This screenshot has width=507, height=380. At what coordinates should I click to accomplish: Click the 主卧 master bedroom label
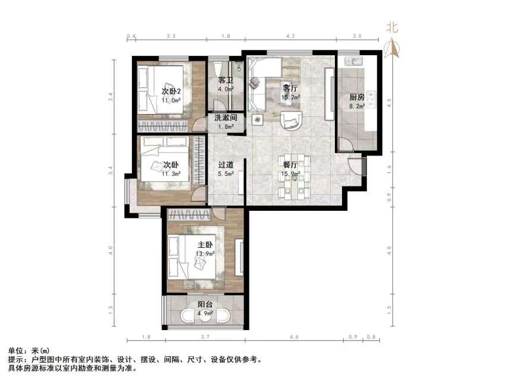(205, 245)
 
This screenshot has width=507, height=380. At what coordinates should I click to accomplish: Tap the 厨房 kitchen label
(356, 98)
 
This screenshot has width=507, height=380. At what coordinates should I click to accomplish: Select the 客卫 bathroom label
(225, 80)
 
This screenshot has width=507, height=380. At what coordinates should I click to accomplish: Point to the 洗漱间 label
(226, 118)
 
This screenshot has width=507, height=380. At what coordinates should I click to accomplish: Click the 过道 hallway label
(225, 165)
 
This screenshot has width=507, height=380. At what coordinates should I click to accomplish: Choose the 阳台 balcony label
(205, 304)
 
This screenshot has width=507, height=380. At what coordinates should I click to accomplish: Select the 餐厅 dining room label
(290, 165)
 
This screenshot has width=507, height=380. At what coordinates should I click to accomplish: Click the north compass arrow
(391, 47)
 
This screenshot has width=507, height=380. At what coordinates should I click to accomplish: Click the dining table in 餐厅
(295, 176)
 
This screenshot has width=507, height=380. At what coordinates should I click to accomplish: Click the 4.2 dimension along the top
(290, 37)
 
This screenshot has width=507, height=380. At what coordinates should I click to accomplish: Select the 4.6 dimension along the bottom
(294, 337)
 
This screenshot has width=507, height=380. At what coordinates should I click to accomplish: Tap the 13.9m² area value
(205, 254)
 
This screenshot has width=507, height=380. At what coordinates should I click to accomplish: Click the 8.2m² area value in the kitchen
(356, 107)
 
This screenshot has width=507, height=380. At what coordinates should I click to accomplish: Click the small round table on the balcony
(205, 316)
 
